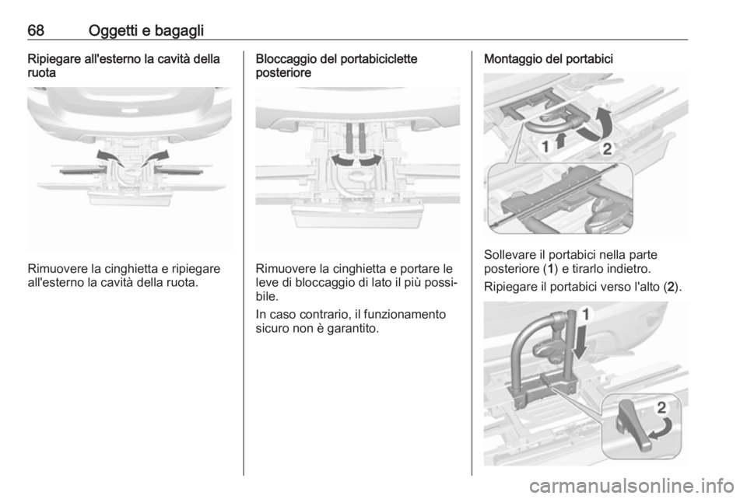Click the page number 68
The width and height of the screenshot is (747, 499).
(x=36, y=30)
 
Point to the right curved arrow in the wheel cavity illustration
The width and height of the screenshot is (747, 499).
(x=156, y=157)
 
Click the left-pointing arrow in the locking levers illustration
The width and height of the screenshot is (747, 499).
(x=342, y=159)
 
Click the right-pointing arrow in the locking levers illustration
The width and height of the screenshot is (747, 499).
(x=370, y=159)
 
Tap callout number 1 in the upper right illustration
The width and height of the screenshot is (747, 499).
(x=545, y=146)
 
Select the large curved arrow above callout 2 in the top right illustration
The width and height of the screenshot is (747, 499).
(x=600, y=124)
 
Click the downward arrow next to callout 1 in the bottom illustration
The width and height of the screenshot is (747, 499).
(x=580, y=344)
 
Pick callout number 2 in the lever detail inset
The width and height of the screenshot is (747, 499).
(x=661, y=407)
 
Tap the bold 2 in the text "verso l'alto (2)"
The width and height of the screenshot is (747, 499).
(x=671, y=288)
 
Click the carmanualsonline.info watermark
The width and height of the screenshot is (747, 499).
(x=631, y=486)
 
